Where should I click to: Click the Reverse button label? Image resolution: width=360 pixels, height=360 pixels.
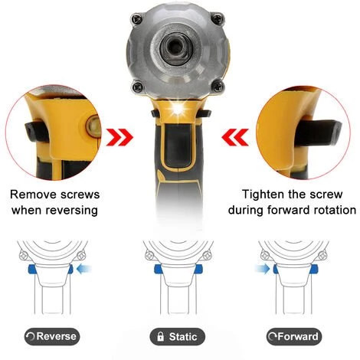(x=52, y=336)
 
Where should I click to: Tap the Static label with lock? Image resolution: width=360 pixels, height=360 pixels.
(x=177, y=336)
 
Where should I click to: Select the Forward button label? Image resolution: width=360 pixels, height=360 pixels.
(x=294, y=336)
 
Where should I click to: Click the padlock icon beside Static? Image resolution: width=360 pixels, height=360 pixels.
(x=160, y=336)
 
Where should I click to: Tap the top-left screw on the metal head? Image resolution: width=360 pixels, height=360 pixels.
(x=136, y=18)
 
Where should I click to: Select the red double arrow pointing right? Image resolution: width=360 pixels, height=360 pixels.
(x=119, y=137)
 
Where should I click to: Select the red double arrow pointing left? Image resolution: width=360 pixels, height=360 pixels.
(x=235, y=137)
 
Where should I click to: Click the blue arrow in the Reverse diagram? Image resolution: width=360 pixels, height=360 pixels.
(x=84, y=269)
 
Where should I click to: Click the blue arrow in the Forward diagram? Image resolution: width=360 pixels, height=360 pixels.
(x=262, y=269)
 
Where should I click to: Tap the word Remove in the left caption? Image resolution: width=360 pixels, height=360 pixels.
(x=33, y=195)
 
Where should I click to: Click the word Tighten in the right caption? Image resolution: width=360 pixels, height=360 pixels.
(x=263, y=195)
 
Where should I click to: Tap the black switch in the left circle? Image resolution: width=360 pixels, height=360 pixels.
(x=36, y=131)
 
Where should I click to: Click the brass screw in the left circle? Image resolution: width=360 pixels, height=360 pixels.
(x=92, y=126)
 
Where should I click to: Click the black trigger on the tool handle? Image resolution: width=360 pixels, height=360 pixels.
(x=178, y=145)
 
